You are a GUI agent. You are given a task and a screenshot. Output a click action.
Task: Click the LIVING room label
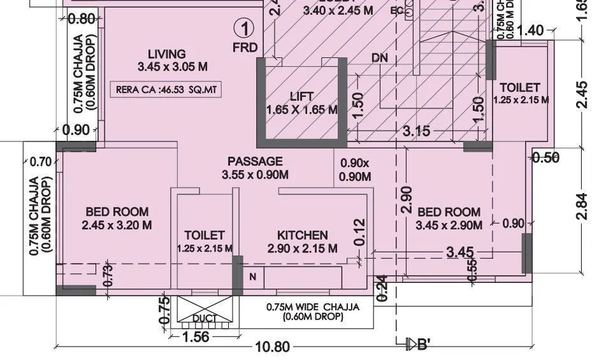(x=166, y=54)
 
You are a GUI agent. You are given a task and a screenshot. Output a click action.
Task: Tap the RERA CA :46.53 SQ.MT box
(x=167, y=90)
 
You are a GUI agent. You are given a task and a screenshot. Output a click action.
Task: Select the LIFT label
(x=301, y=97)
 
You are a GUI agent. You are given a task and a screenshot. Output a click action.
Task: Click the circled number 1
(x=245, y=28)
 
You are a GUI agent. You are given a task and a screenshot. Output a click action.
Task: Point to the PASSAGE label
(x=255, y=162)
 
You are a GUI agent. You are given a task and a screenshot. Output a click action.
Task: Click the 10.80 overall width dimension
(x=272, y=347)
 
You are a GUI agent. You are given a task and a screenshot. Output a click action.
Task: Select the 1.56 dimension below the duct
(x=195, y=337)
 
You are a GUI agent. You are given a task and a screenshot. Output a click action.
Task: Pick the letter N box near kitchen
(x=253, y=277)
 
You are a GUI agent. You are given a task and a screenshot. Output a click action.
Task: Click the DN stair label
(x=380, y=58)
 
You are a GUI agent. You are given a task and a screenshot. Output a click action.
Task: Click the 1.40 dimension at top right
(x=531, y=30)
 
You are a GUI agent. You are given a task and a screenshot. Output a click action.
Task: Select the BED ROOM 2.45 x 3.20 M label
(x=117, y=218)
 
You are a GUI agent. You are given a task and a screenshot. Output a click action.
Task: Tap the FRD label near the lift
(x=245, y=48)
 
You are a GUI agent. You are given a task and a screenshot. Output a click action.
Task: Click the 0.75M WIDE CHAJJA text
(x=312, y=307)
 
